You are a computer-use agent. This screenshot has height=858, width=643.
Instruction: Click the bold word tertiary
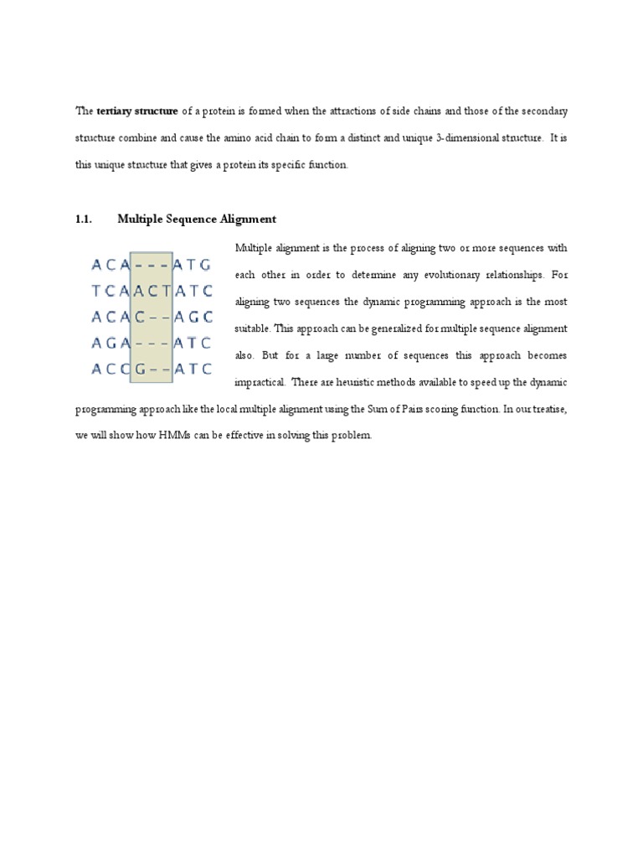pos(116,111)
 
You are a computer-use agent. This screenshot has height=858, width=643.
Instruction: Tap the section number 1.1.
pos(82,220)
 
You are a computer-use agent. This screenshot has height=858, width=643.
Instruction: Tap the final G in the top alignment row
pos(206,266)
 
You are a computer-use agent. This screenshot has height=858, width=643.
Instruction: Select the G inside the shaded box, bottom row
pos(141,369)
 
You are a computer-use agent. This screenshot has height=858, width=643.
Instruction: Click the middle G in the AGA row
pos(111,343)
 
